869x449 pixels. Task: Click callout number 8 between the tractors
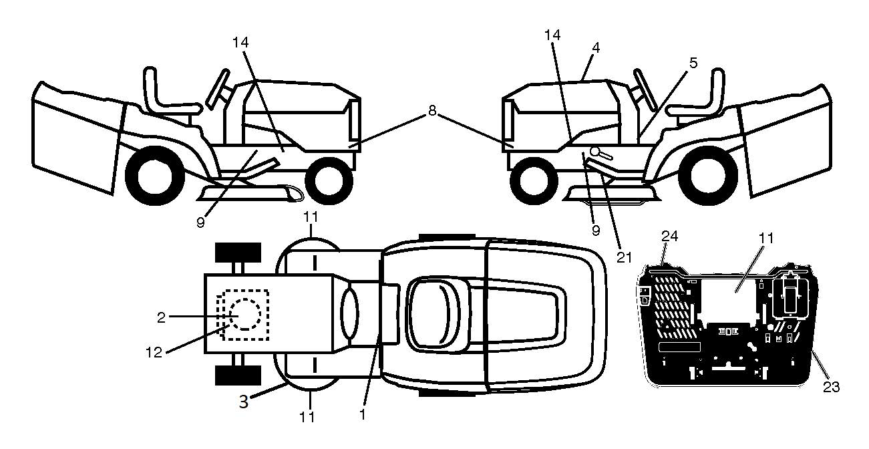[432, 111]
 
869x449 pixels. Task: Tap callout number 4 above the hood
[596, 47]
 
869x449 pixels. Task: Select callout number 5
[693, 63]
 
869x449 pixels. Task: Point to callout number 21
[625, 257]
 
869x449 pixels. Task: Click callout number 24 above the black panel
[669, 236]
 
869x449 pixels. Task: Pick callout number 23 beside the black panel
[831, 387]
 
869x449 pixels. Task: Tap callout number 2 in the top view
[162, 318]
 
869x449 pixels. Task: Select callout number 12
[154, 352]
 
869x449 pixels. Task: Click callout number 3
[244, 402]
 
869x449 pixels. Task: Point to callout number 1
[362, 414]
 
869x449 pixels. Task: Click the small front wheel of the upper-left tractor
[329, 181]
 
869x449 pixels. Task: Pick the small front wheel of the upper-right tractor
[534, 181]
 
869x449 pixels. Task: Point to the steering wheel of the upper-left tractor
[217, 90]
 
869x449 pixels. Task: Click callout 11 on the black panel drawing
[766, 238]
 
